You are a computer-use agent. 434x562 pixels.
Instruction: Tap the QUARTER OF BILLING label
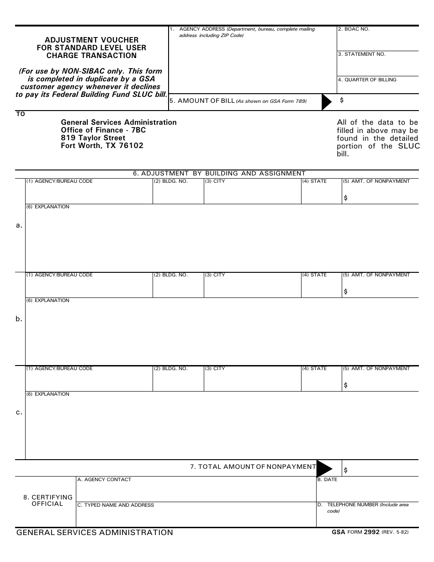coord(367,80)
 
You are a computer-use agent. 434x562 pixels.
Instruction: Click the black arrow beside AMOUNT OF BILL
coord(326,102)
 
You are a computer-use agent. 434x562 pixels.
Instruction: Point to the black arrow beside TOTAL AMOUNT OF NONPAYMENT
coord(324,468)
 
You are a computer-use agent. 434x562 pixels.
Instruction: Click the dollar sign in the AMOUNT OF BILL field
coord(342,100)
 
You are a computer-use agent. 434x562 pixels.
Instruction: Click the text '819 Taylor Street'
coord(93,138)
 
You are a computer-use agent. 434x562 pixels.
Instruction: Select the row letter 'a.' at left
coord(19,225)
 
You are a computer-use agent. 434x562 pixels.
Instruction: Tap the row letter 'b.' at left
coord(19,319)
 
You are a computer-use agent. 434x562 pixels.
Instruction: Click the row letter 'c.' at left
coord(19,412)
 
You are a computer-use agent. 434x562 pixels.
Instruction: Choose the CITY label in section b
coord(215,275)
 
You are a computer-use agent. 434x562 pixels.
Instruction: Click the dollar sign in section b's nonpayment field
coord(345,292)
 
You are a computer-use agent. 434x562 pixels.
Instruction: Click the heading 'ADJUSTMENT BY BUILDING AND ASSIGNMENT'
coord(219,174)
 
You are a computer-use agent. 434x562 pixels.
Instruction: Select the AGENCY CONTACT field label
coord(104,480)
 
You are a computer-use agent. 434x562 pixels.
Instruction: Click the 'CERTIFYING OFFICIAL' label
coord(48,500)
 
